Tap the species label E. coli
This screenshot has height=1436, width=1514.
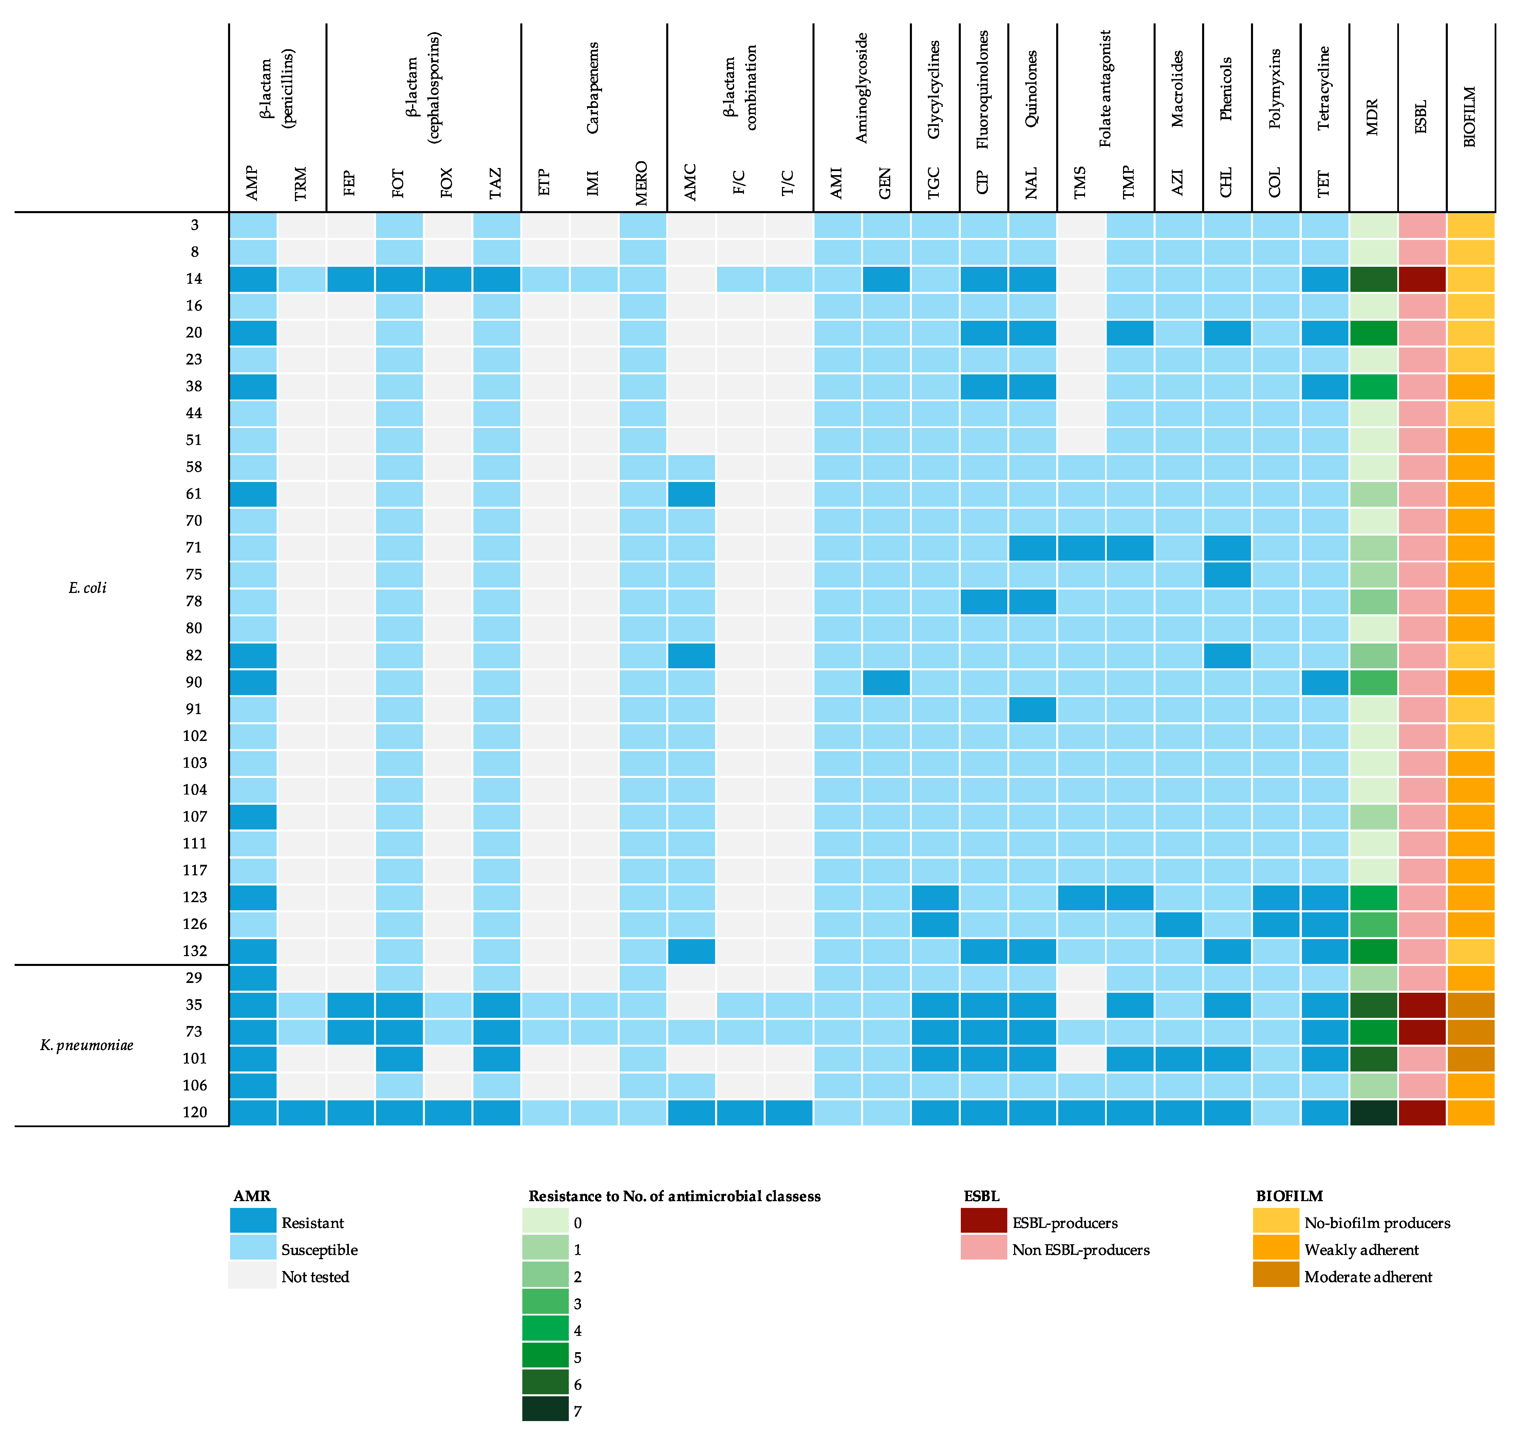click(x=87, y=588)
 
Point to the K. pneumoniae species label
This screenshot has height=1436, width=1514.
click(x=87, y=1045)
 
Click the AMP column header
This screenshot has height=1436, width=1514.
click(x=253, y=184)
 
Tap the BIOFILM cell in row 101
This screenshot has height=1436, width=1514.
click(x=1470, y=1059)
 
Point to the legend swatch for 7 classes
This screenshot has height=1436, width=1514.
click(x=545, y=1411)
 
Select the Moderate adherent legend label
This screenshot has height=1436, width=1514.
click(x=1368, y=1277)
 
